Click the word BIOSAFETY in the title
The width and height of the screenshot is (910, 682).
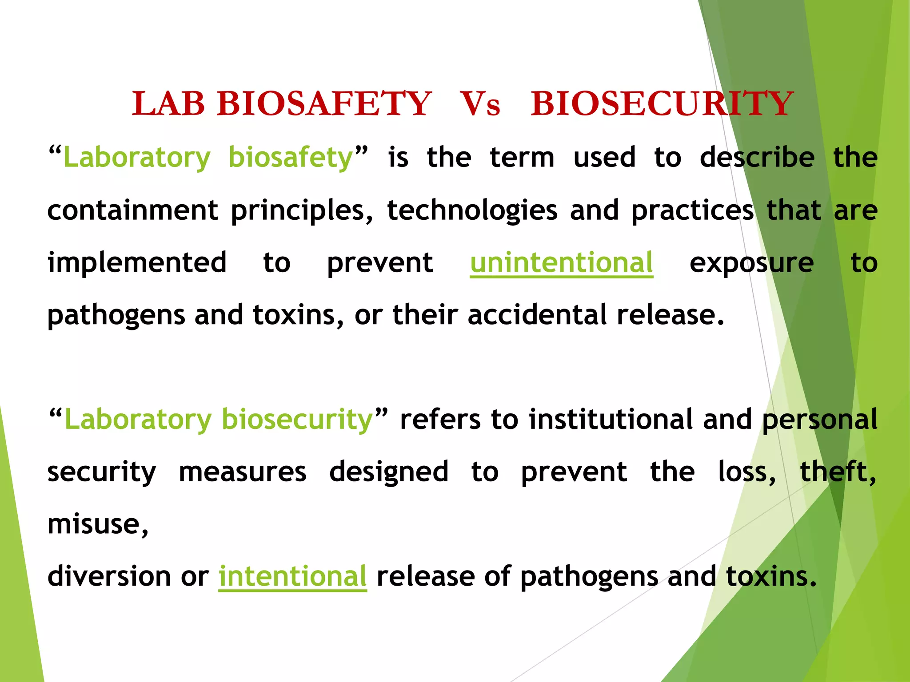[x=324, y=104]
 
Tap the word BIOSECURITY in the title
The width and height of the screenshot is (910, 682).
[x=662, y=104]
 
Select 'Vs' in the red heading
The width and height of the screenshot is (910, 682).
[x=480, y=104]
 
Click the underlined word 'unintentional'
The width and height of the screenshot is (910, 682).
[x=561, y=262]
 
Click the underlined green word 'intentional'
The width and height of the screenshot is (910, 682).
[x=292, y=576]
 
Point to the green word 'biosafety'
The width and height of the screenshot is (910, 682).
[x=291, y=158]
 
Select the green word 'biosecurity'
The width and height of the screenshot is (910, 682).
[x=297, y=419]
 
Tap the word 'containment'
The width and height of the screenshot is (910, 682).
[x=132, y=210]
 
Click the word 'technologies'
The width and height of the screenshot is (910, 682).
[x=472, y=210]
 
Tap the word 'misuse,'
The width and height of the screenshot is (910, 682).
[x=98, y=524]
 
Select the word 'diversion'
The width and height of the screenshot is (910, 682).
[x=109, y=576]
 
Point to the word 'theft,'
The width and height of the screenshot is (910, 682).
[x=838, y=472]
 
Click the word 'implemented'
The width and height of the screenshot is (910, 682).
[x=137, y=262]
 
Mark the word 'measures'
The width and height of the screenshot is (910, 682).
[x=242, y=472]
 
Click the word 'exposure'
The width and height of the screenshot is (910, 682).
[x=751, y=262]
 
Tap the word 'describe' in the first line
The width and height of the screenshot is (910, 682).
[x=757, y=158]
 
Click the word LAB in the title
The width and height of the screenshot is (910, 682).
[x=168, y=104]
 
